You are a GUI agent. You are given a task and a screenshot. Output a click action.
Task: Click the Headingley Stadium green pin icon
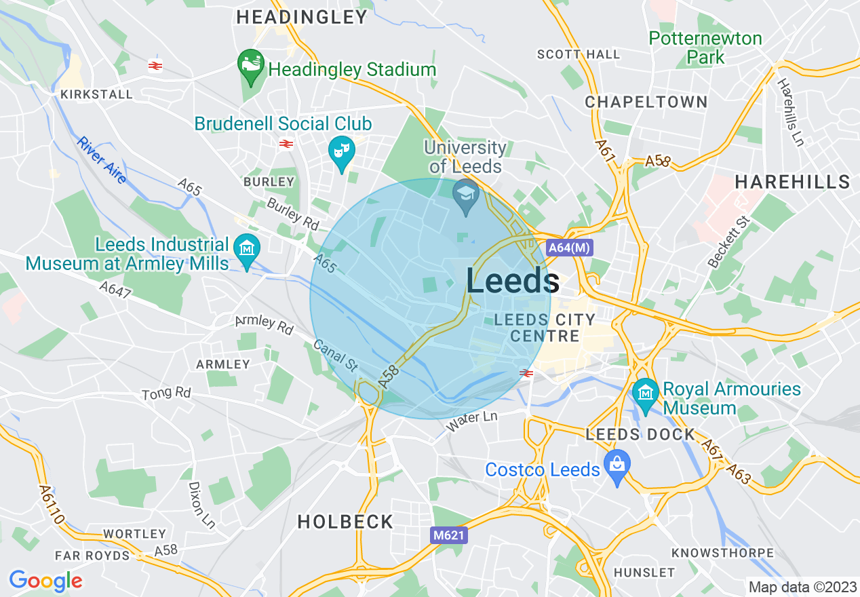click(x=251, y=66)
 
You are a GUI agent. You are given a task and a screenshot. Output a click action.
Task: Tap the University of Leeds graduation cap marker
click(x=466, y=195)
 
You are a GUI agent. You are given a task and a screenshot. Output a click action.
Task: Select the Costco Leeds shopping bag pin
click(x=617, y=466)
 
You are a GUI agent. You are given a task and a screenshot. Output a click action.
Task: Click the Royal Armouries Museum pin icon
click(x=645, y=394)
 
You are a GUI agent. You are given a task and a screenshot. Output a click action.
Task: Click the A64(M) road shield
click(x=569, y=248)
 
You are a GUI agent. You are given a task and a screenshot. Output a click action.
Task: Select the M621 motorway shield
click(x=449, y=535)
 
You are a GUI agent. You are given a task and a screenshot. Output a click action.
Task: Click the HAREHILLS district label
click(x=792, y=182)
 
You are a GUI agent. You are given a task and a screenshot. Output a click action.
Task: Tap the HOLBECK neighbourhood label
click(x=345, y=522)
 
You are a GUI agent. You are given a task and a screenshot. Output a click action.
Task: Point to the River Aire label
click(x=102, y=160)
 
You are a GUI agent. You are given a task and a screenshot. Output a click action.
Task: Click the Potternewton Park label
click(x=705, y=47)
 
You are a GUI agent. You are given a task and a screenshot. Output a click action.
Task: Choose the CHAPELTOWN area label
click(x=646, y=102)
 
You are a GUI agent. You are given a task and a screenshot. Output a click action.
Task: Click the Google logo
click(x=45, y=581)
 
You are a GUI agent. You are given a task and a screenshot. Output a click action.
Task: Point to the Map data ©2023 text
click(x=802, y=586)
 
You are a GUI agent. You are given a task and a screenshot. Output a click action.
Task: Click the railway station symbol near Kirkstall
click(x=155, y=66)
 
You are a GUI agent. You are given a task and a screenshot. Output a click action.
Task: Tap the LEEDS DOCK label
click(x=640, y=434)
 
